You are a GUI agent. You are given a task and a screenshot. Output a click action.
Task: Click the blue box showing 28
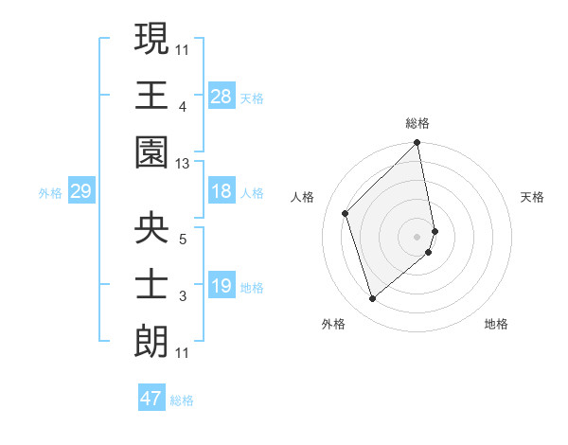pyautogui.click(x=221, y=96)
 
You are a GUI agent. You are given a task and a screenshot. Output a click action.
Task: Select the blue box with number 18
pyautogui.click(x=221, y=191)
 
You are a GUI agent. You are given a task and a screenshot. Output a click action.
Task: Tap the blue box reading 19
pyautogui.click(x=221, y=286)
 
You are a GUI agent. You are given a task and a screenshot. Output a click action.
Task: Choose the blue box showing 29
pyautogui.click(x=80, y=191)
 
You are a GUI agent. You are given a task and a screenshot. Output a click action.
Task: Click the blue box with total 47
pyautogui.click(x=151, y=399)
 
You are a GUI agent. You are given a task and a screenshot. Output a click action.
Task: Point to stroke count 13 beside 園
pyautogui.click(x=183, y=164)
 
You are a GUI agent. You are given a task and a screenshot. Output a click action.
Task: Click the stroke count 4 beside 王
pyautogui.click(x=183, y=108)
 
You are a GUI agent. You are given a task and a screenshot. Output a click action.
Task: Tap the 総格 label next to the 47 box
pyautogui.click(x=183, y=400)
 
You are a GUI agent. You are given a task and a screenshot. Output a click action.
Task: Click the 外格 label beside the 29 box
pyautogui.click(x=50, y=193)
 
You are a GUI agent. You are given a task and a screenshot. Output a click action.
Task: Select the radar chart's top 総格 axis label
pyautogui.click(x=417, y=123)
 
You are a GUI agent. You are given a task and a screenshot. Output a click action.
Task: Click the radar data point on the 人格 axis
pyautogui.click(x=346, y=213)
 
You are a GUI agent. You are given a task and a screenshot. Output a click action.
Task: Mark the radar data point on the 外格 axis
pyautogui.click(x=372, y=299)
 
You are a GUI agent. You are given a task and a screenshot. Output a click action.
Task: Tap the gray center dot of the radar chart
pyautogui.click(x=417, y=236)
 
